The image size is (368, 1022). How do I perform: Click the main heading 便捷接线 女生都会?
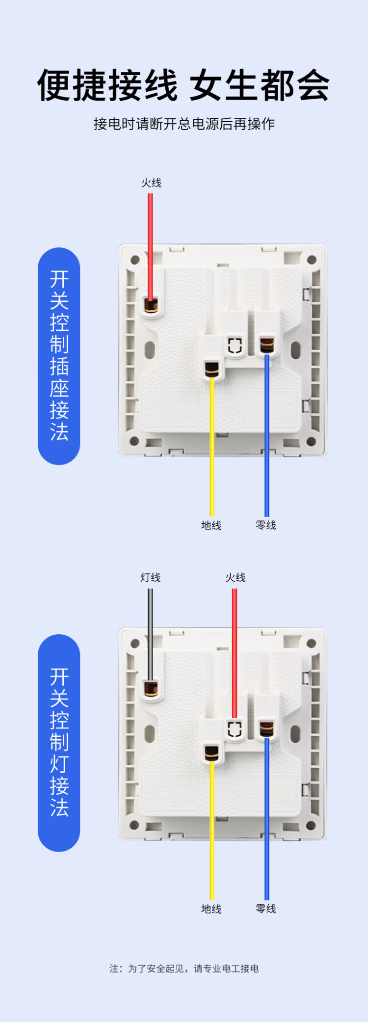click(x=184, y=85)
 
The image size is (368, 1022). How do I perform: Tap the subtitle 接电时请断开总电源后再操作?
click(x=184, y=124)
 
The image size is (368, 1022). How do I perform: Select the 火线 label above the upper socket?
click(x=151, y=183)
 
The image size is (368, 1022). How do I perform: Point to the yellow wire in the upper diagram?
click(x=212, y=442)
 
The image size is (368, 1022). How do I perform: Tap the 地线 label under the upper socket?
click(x=211, y=525)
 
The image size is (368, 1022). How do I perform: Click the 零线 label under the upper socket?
click(x=266, y=525)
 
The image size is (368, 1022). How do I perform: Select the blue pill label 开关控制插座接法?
click(x=59, y=356)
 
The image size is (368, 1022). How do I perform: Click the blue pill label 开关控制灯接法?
click(x=59, y=743)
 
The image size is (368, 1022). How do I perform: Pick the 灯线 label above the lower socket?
click(x=150, y=578)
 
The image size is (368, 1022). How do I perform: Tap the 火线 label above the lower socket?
click(x=236, y=578)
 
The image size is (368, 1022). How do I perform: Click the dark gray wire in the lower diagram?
click(x=150, y=633)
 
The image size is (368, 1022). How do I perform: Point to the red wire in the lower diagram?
click(x=235, y=648)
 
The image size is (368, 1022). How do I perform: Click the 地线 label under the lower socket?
click(x=211, y=909)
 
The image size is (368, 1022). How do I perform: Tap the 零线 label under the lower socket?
click(x=266, y=909)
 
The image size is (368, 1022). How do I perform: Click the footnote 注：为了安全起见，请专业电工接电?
click(x=184, y=968)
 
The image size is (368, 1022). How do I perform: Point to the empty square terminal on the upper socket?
click(x=236, y=345)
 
